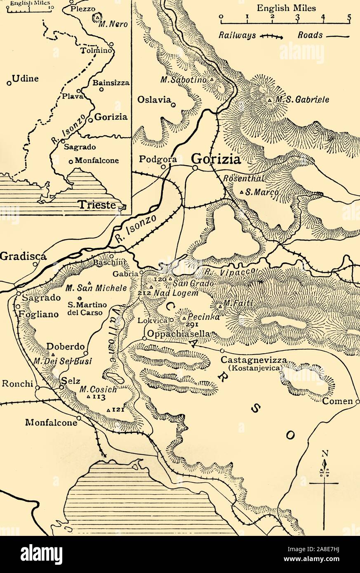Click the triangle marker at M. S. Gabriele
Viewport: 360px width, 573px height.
click(x=269, y=100)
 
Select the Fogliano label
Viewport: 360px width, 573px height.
click(x=39, y=314)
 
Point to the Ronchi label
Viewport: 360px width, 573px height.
click(x=17, y=383)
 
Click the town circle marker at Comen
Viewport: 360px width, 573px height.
click(x=357, y=401)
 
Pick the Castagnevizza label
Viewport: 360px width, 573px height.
click(x=253, y=360)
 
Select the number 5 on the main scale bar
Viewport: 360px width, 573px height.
click(x=349, y=17)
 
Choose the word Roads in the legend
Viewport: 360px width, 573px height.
click(x=310, y=35)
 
